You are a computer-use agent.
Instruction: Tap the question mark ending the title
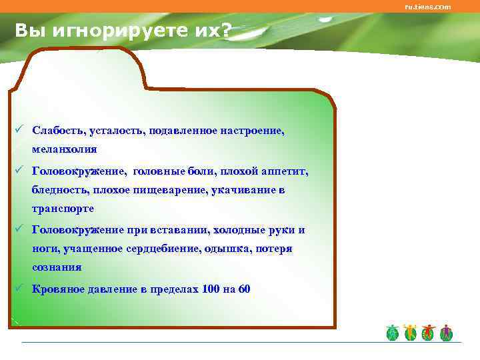pyautogui.click(x=229, y=30)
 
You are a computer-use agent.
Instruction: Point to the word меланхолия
pyautogui.click(x=65, y=149)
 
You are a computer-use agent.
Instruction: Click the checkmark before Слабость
pyautogui.click(x=21, y=131)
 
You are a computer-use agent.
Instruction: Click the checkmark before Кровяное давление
pyautogui.click(x=21, y=289)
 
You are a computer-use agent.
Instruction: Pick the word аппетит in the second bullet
pyautogui.click(x=288, y=171)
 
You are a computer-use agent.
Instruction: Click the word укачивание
pyautogui.click(x=244, y=190)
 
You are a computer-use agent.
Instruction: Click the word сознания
pyautogui.click(x=57, y=267)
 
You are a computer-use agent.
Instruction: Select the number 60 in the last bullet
pyautogui.click(x=244, y=289)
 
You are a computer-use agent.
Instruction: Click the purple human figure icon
pyautogui.click(x=446, y=333)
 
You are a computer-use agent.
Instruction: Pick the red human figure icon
pyautogui.click(x=428, y=333)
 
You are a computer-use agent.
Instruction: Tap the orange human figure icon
pyautogui.click(x=410, y=333)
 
